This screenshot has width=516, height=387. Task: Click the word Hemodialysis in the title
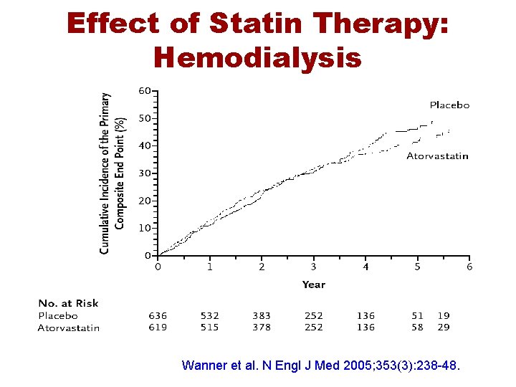pos(257,57)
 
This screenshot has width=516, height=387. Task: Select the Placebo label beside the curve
pos(449,105)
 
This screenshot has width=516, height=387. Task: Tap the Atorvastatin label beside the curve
pos(437,156)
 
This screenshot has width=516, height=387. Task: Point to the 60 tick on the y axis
pos(144,91)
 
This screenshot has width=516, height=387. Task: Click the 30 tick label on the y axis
pos(144,173)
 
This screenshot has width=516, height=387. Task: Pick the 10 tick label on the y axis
pos(144,228)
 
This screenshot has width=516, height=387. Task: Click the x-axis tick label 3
pos(314,267)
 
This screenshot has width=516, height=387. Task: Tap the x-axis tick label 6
pos(469,267)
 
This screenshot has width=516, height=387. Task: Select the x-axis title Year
pos(314,285)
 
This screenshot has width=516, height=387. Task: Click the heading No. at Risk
pos(69,303)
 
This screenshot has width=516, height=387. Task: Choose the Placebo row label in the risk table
pos(58,315)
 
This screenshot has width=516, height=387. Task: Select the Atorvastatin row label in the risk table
pos(69,328)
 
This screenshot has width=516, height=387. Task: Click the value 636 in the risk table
pos(158,315)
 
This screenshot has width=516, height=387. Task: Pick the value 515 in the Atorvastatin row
pos(209,328)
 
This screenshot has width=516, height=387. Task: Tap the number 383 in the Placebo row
pos(262,315)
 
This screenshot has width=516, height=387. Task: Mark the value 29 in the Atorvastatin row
pos(444,328)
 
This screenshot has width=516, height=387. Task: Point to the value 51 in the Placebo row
pos(417,315)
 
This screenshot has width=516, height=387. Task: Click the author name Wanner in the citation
pos(204,365)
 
